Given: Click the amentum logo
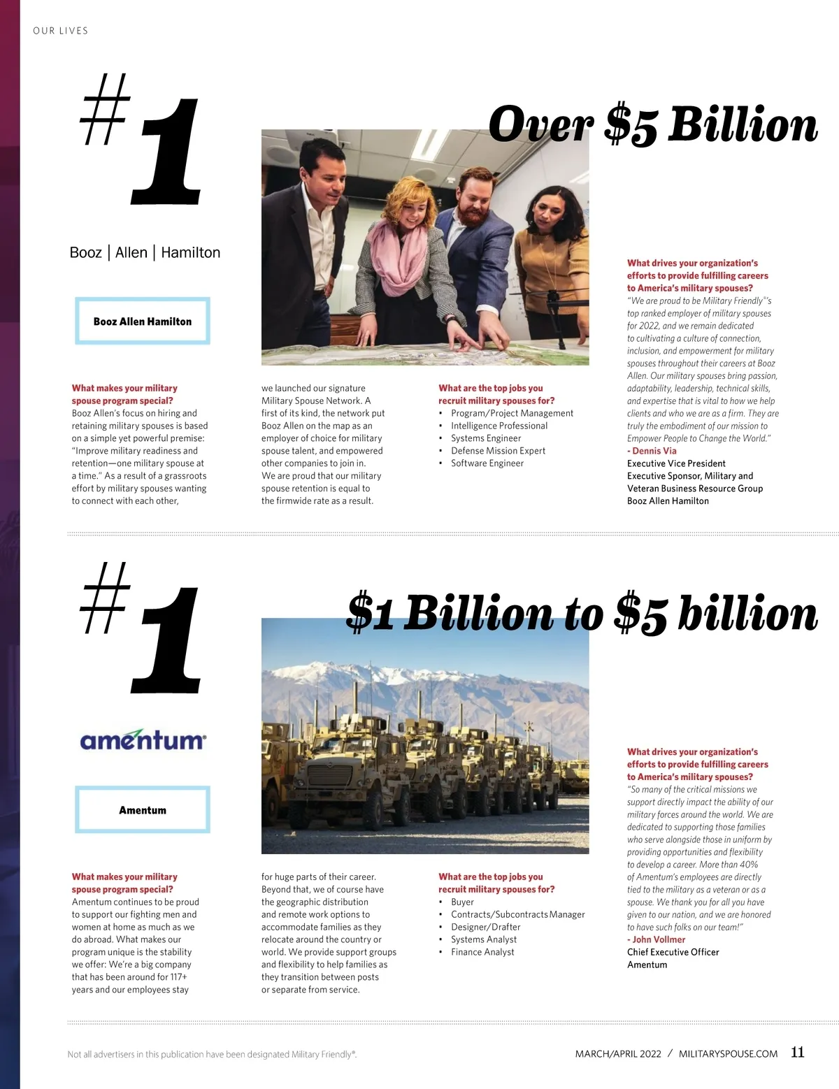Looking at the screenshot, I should pos(143,740).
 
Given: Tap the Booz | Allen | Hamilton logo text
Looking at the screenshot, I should pos(145,252).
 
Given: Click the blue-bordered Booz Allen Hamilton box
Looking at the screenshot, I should pos(143,322).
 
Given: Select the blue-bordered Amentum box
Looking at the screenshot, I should pos(143,810).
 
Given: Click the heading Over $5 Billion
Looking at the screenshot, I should pos(653,126).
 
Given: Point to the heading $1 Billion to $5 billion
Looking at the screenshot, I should pos(582,614).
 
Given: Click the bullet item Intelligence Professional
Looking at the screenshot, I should pos(499,426).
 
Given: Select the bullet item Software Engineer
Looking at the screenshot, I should pos(487,463).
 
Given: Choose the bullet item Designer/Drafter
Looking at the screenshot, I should pos(486,927).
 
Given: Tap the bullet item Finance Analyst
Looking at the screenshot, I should pos(482,952).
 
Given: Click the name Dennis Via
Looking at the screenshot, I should pos(654,451).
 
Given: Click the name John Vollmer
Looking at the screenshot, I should pos(659,939).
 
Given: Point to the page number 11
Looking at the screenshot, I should pos(798,1052).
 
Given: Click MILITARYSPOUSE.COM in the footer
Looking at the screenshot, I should pos(728,1054).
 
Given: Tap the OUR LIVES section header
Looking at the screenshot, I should pos(61,31).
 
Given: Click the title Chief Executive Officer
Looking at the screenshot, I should pos(673,952).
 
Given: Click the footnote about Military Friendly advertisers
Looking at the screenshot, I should pos(212,1054).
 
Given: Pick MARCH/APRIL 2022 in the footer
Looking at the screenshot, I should pos(618,1054).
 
